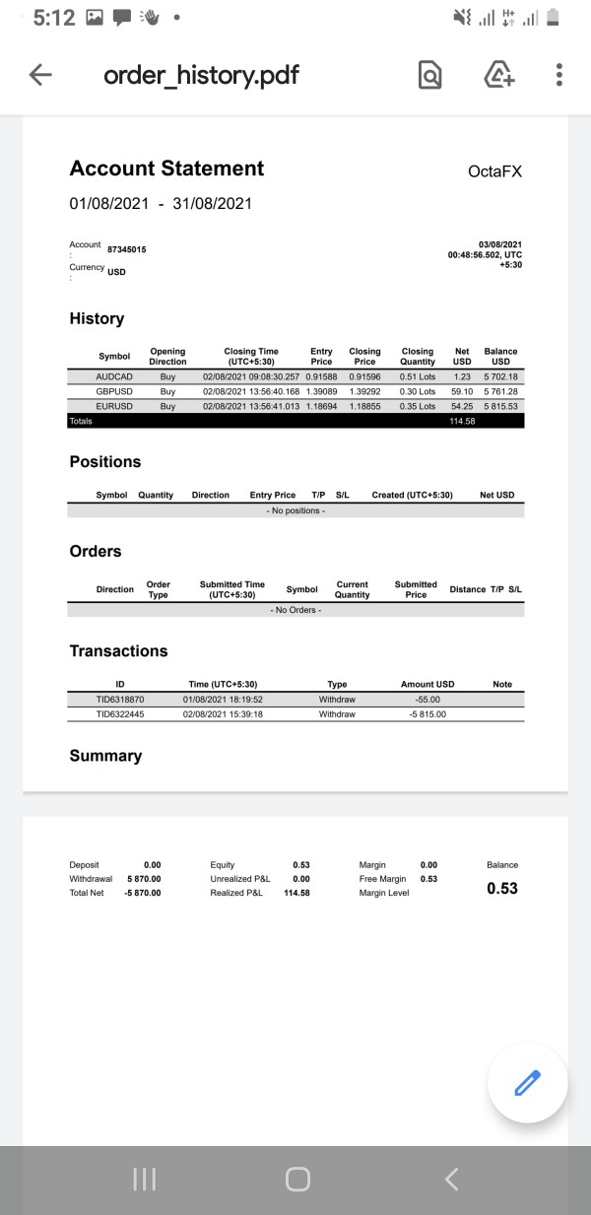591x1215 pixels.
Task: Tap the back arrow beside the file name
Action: tap(40, 75)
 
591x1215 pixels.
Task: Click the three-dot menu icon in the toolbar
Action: tap(558, 75)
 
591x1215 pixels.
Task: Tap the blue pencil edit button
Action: tap(528, 1083)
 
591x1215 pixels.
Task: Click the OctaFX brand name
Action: tap(494, 171)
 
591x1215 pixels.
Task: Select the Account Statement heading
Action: tap(166, 169)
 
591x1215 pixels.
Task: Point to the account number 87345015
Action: tap(126, 250)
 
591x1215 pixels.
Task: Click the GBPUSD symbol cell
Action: tap(114, 391)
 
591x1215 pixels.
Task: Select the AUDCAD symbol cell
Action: tap(114, 376)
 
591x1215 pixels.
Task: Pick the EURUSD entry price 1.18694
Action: tap(321, 406)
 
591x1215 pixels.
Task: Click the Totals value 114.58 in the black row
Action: tap(462, 422)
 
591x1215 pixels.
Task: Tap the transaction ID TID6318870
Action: tap(120, 699)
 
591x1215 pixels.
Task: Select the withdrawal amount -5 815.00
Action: tap(427, 713)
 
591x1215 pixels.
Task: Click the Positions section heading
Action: tap(105, 462)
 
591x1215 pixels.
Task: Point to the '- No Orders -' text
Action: tap(295, 610)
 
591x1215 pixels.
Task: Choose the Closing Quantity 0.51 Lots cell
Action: tap(418, 376)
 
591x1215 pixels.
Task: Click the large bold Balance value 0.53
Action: tap(501, 889)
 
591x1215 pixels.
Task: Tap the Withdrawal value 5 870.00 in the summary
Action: tap(144, 879)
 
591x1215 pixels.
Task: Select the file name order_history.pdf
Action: tap(201, 75)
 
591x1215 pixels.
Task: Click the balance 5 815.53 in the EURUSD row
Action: tap(500, 406)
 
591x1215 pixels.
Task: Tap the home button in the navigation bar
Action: tap(296, 1180)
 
